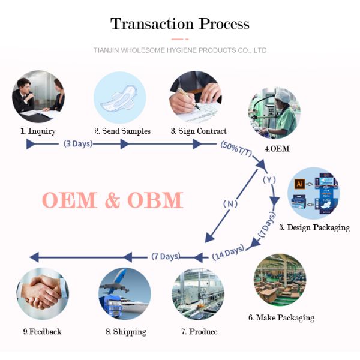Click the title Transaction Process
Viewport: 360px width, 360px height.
179,24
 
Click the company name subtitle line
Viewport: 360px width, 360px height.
180,50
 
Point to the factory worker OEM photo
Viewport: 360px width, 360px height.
274,112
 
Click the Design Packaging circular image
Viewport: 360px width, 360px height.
313,193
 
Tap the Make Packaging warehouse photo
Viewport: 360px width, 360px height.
280,280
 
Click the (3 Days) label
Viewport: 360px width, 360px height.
78,144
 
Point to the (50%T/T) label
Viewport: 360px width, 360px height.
237,151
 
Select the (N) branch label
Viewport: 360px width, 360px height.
231,203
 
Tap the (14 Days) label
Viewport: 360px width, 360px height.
228,253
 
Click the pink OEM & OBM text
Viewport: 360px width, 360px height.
112,200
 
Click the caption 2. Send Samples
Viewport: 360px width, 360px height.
122,131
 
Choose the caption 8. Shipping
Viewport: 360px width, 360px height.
125,331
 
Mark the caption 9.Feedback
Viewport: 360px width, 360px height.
42,331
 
